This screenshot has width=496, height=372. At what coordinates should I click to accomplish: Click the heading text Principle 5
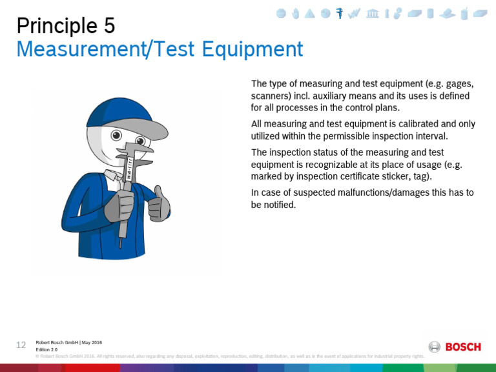65,25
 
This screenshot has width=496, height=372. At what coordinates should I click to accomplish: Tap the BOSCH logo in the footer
455,347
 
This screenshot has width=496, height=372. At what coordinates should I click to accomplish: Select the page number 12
21,345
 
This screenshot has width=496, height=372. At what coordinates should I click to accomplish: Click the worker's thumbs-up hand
158,205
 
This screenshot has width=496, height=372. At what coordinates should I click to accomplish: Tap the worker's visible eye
117,136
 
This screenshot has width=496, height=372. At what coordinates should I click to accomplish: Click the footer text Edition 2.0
47,349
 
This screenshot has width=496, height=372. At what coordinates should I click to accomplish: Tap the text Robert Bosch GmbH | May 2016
68,342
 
